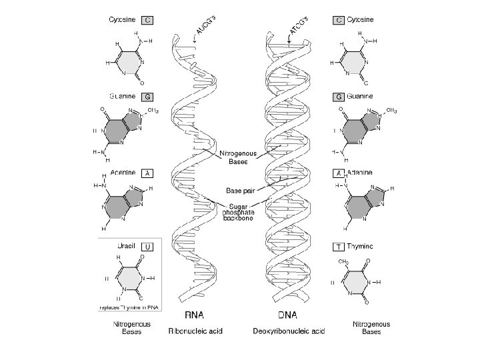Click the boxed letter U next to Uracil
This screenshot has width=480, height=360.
pyautogui.click(x=149, y=247)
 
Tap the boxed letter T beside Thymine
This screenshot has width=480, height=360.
pyautogui.click(x=339, y=247)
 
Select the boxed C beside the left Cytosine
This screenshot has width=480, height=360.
pyautogui.click(x=149, y=21)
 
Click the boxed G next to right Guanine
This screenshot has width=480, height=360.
pyautogui.click(x=339, y=97)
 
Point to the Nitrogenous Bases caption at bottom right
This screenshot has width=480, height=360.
pyautogui.click(x=371, y=327)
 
